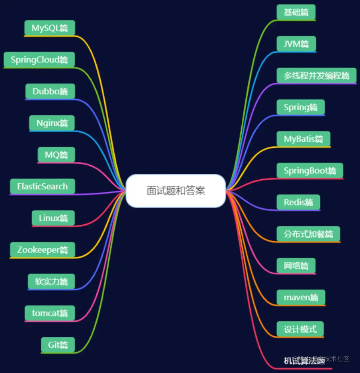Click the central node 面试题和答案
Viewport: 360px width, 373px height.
coord(176,191)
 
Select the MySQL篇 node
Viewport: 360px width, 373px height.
coord(50,28)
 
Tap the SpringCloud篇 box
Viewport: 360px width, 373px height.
coord(39,60)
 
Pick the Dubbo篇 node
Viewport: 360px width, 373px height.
coord(50,91)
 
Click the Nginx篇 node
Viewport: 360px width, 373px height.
coord(52,123)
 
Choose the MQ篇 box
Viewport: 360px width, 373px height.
coord(56,155)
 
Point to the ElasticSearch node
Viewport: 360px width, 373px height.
coord(42,186)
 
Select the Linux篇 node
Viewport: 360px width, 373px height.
coord(53,218)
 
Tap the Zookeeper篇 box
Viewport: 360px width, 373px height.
coord(42,250)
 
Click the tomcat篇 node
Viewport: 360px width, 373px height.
coord(50,313)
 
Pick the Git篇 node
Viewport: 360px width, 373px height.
coord(58,345)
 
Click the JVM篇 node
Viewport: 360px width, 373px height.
coord(296,44)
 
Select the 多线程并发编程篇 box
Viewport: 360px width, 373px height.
coord(316,75)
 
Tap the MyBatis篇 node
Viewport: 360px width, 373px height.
coord(304,139)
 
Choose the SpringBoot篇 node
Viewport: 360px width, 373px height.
coord(310,171)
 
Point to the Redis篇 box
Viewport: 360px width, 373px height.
coord(298,202)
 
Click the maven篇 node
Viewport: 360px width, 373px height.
coord(301,298)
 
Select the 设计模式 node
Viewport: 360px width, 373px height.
coord(300,329)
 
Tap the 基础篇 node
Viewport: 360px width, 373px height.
coord(296,12)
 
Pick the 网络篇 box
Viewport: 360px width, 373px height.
coord(296,266)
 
